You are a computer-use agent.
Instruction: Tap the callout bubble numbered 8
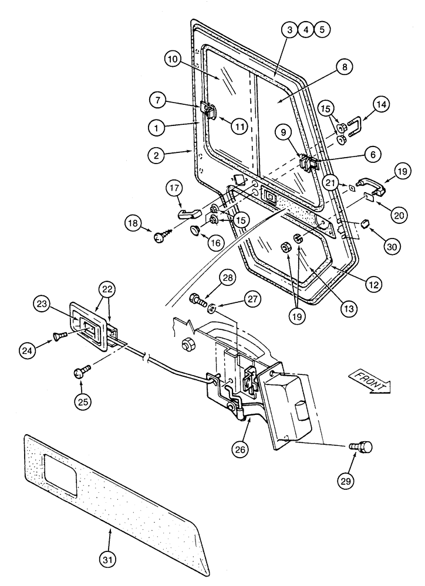point(345,68)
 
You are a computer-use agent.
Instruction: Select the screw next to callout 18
point(160,236)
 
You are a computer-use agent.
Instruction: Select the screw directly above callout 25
point(82,372)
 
